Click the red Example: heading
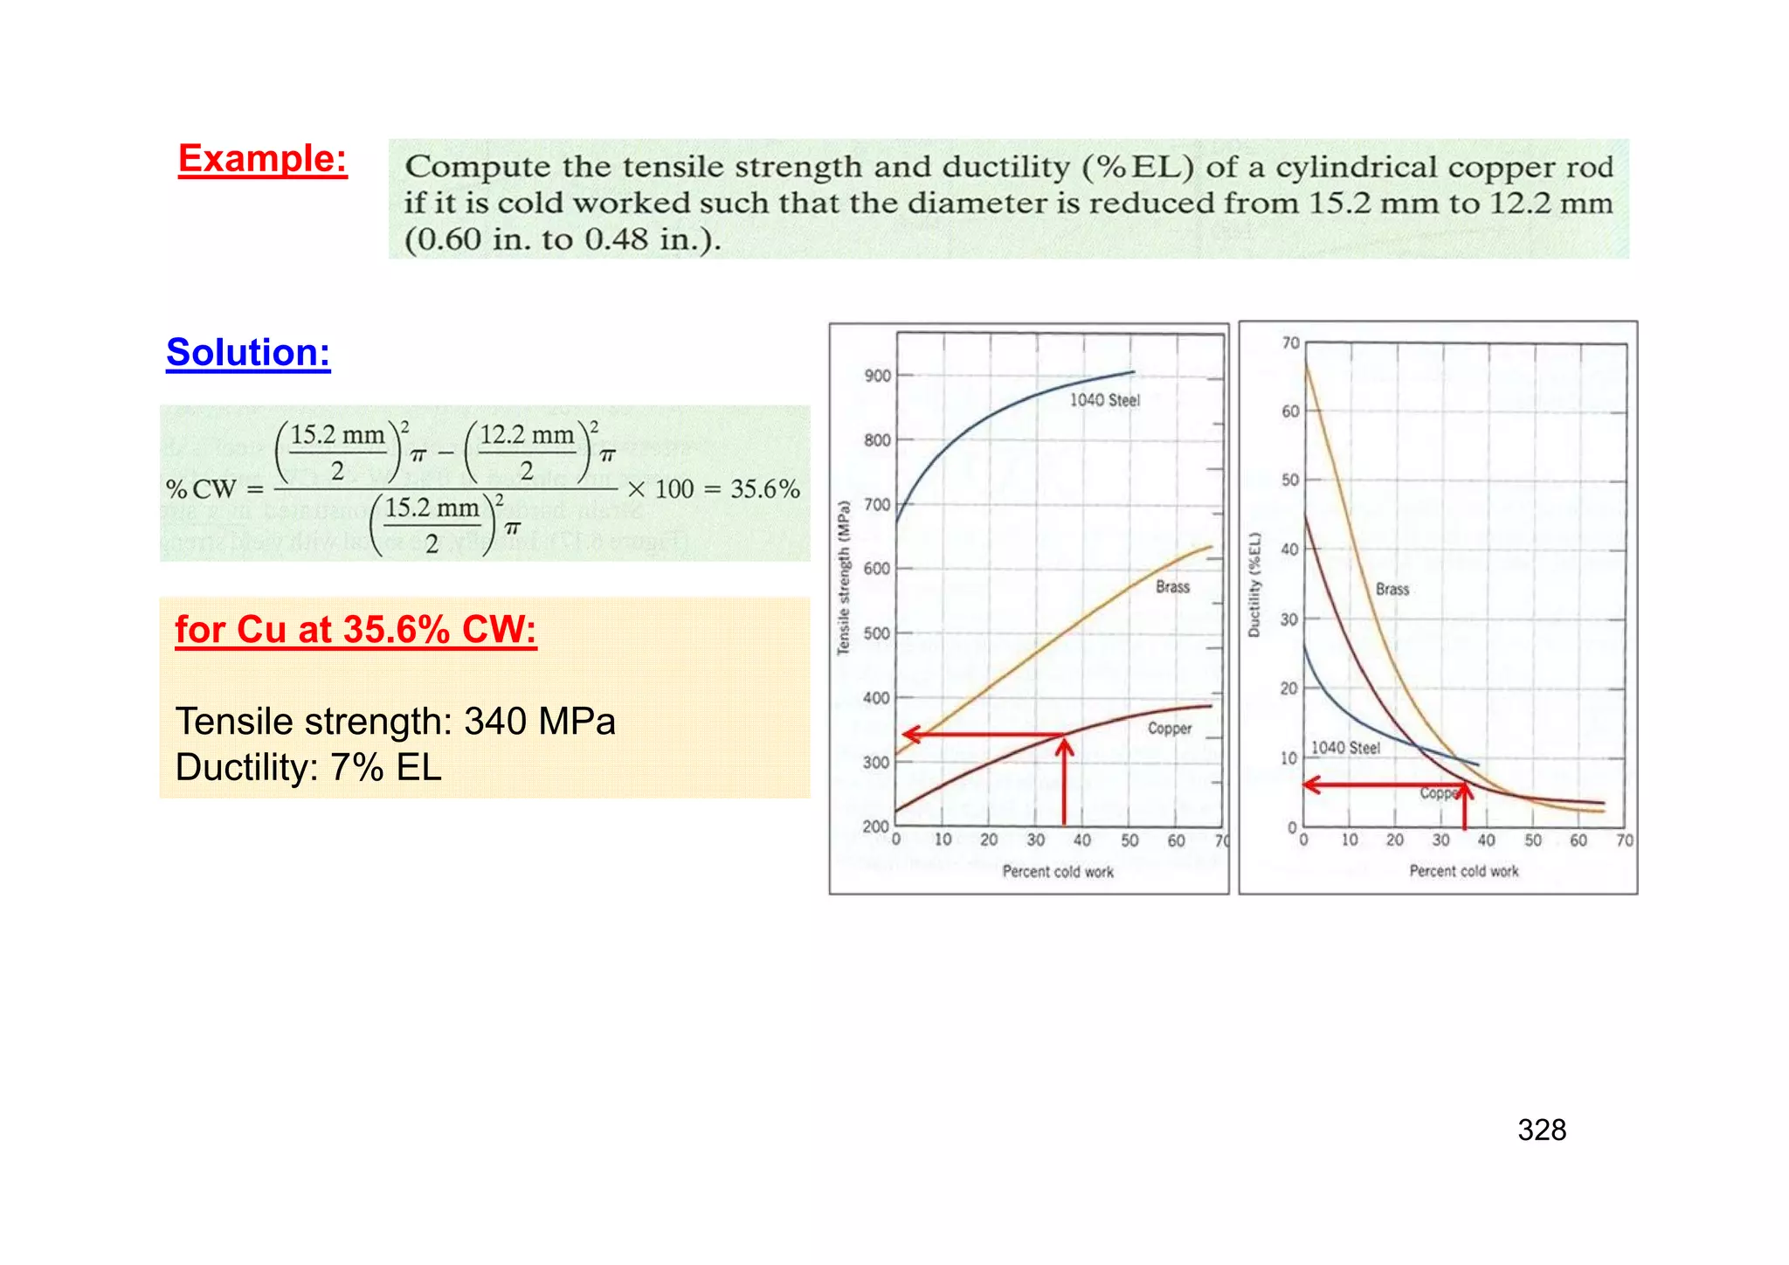point(262,159)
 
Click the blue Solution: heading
point(248,353)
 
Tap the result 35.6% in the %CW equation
point(764,489)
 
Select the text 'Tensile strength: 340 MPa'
point(396,722)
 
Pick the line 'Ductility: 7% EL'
point(308,768)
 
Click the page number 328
point(1542,1130)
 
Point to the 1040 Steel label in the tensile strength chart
point(1104,400)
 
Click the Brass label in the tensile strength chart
point(1172,587)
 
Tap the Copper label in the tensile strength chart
point(1169,729)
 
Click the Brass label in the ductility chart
point(1392,590)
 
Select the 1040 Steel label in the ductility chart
point(1345,748)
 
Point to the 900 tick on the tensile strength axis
point(877,377)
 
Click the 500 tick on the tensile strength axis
point(877,633)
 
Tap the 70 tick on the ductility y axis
point(1290,343)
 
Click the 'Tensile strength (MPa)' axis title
point(843,577)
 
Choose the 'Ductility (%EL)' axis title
point(1254,584)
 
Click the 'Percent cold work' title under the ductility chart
point(1463,871)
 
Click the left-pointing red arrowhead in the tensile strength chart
point(912,734)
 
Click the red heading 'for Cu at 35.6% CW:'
point(356,630)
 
